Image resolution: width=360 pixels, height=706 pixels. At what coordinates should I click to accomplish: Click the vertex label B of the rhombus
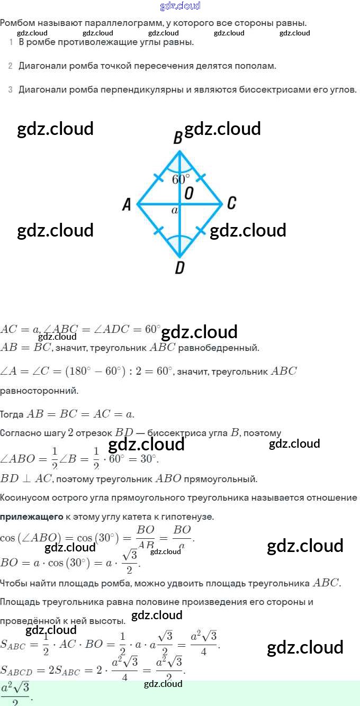[178, 138]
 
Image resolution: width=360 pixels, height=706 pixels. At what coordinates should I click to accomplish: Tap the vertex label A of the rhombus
[127, 204]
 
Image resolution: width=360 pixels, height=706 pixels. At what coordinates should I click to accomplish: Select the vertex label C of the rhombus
[231, 203]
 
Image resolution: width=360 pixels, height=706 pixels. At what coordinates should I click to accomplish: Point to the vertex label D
[179, 268]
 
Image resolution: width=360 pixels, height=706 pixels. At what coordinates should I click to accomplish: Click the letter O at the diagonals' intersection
[188, 194]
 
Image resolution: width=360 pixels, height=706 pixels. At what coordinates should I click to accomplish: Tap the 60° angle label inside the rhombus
[181, 179]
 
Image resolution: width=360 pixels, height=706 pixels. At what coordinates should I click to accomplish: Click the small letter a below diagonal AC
[174, 211]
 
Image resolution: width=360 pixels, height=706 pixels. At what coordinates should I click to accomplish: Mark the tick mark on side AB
[158, 177]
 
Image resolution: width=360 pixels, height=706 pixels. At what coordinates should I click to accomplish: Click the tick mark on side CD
[201, 230]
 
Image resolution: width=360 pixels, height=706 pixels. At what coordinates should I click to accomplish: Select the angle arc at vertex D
[179, 242]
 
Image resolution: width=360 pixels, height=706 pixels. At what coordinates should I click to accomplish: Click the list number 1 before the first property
[11, 42]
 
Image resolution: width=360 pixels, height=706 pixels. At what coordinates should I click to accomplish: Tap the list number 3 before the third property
[10, 90]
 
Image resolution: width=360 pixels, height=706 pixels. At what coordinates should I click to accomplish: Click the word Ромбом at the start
[15, 23]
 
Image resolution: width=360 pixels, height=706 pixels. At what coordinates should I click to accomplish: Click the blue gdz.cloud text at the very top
[180, 6]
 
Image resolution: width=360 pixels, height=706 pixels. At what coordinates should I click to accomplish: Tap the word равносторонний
[39, 391]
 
